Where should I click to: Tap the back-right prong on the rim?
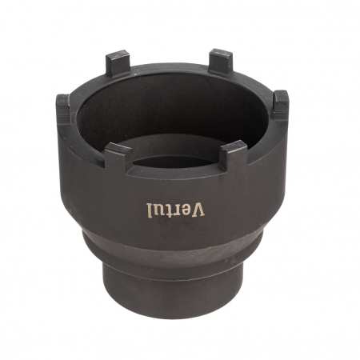(x=221, y=63)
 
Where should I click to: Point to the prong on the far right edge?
(x=281, y=105)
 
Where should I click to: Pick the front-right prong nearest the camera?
(x=234, y=154)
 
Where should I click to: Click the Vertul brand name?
(x=175, y=210)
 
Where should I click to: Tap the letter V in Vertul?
(x=198, y=209)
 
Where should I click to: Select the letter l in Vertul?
(x=149, y=210)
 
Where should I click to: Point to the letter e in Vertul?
(x=186, y=210)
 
